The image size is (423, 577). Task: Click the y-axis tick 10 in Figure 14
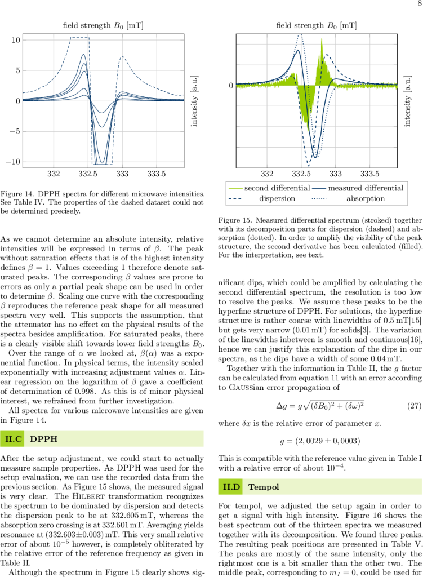[16, 40]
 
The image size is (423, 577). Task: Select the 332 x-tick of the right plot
[267, 174]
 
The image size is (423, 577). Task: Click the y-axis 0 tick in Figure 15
[231, 86]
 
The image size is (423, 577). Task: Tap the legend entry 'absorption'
[366, 198]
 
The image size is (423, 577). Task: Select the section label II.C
[13, 438]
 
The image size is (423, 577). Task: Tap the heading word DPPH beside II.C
[43, 438]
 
